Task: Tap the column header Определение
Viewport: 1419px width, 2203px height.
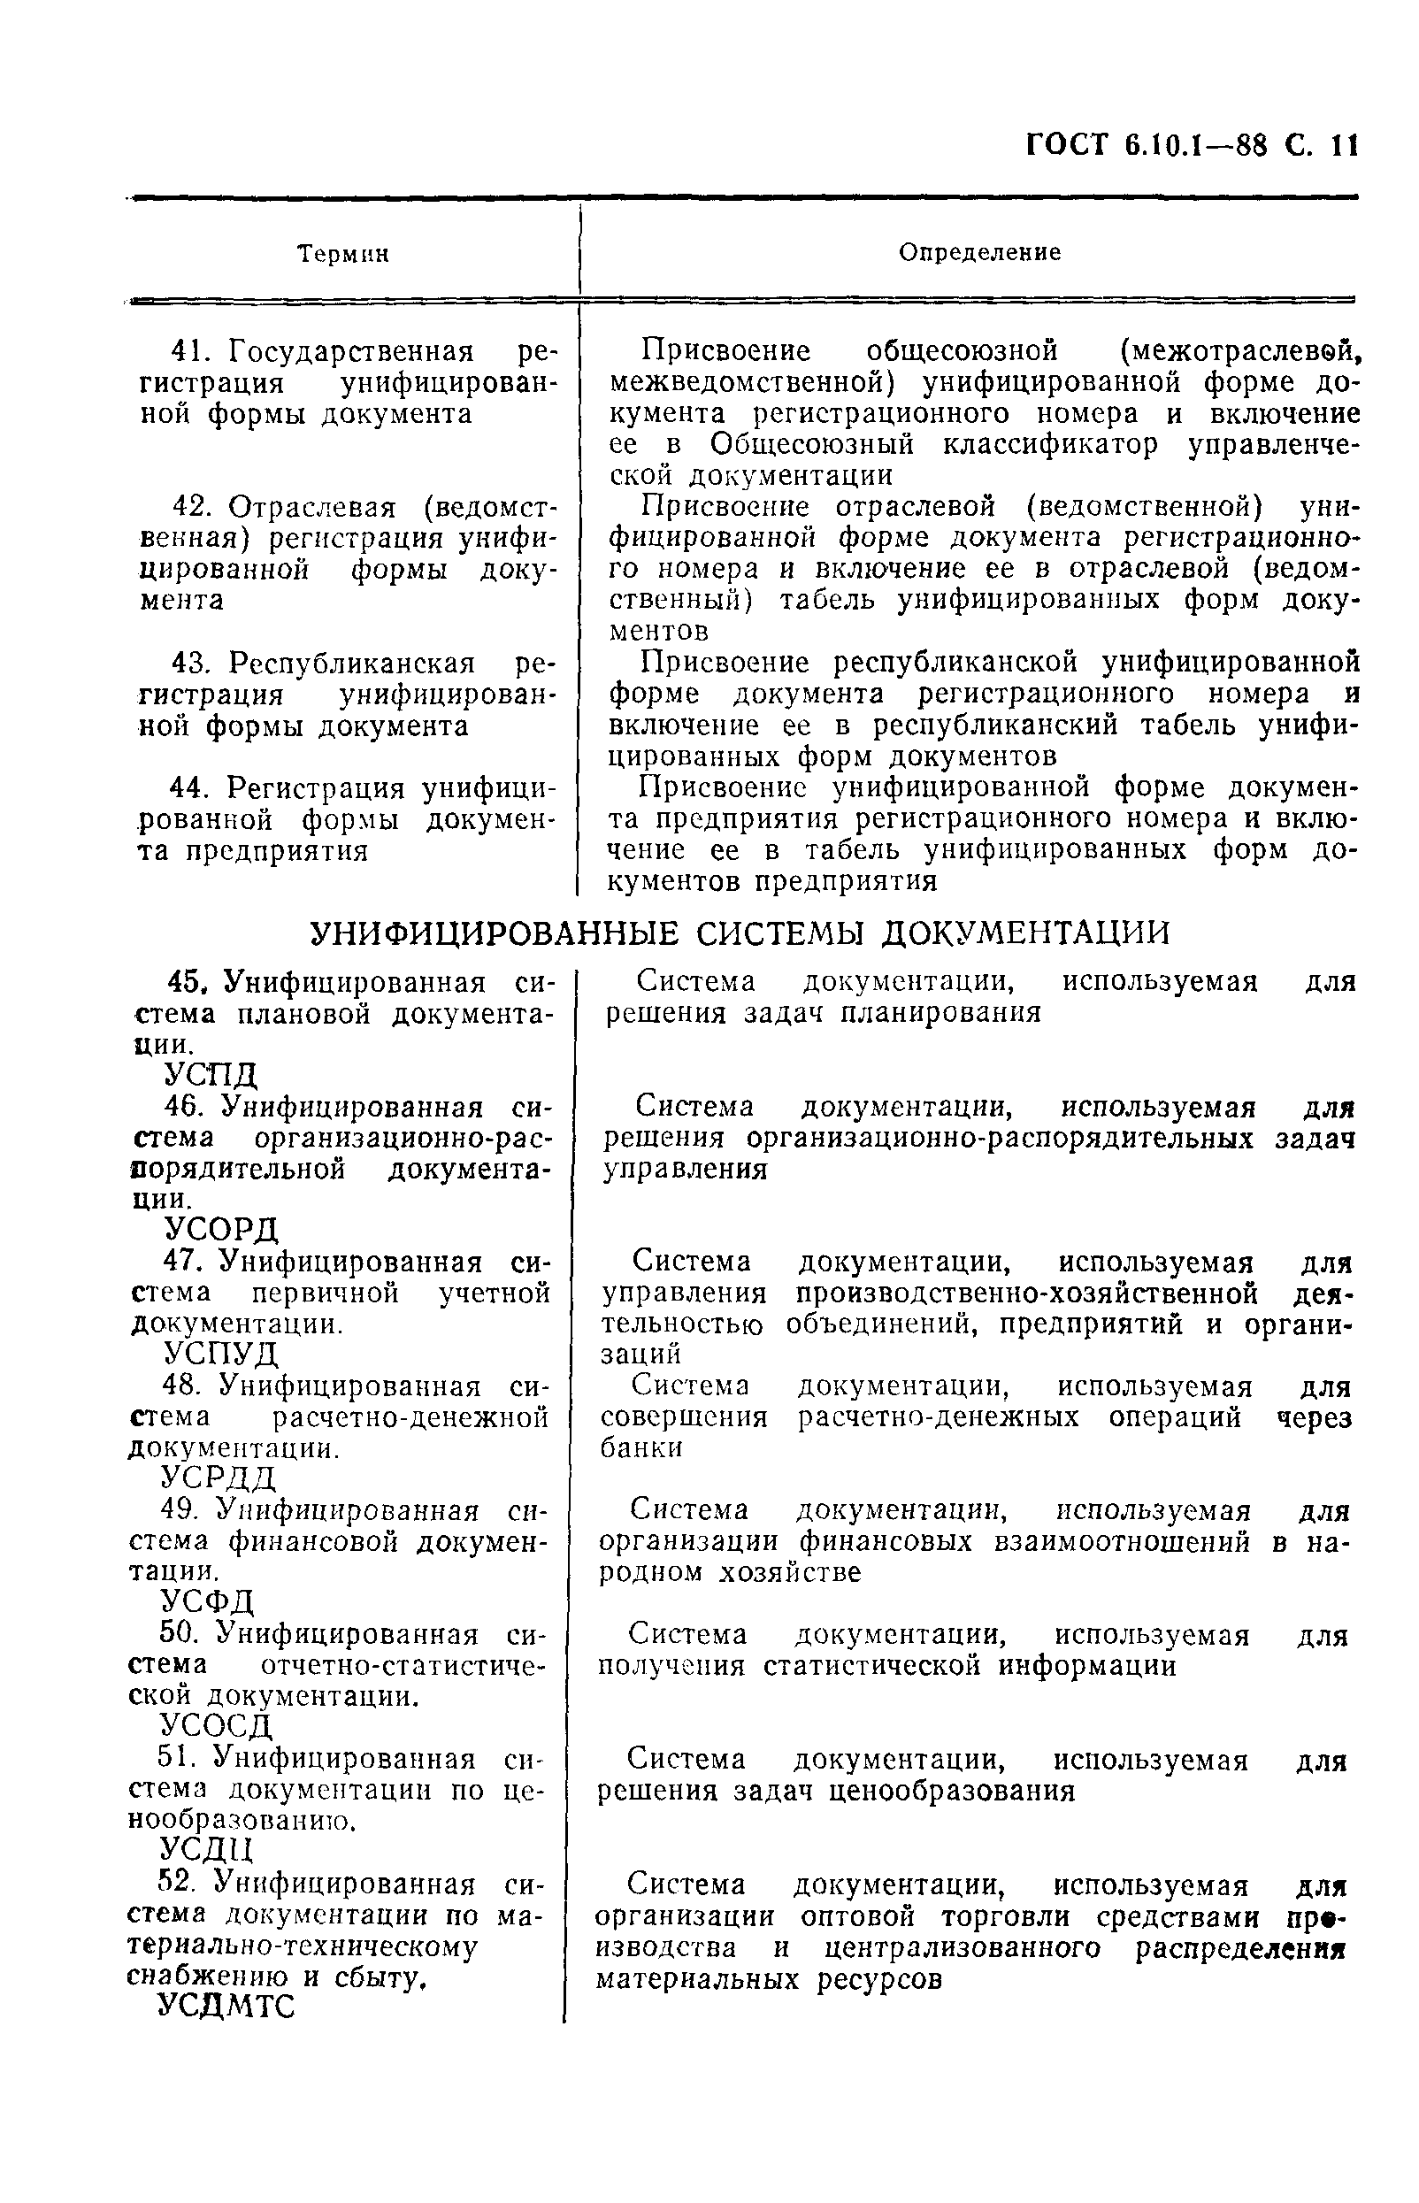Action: coord(979,252)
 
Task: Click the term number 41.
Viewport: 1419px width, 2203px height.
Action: coord(194,351)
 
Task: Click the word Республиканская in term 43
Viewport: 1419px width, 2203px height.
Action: coord(352,663)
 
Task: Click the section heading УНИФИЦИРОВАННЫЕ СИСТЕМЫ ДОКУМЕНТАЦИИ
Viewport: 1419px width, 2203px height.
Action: coord(739,933)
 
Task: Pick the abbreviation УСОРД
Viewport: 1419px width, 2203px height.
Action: coord(221,1229)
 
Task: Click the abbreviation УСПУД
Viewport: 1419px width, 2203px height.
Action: coord(221,1354)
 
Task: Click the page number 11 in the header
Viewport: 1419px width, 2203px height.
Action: coord(1345,146)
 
